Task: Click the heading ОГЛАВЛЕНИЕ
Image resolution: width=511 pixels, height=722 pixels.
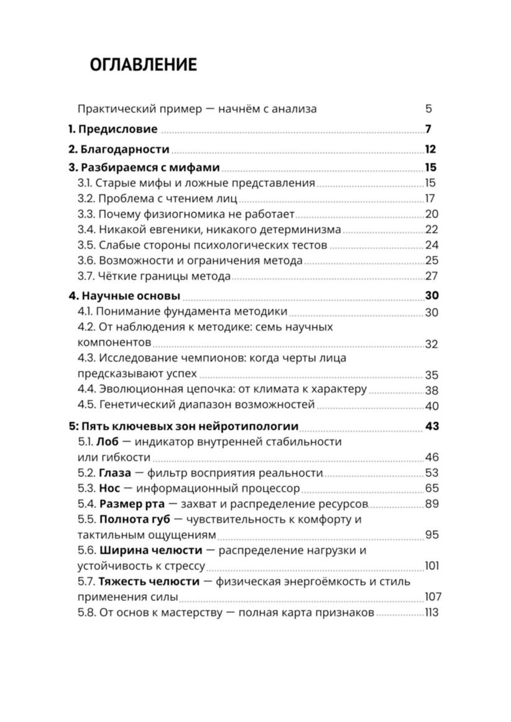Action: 143,65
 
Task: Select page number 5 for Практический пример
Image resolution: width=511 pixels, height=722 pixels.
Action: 428,109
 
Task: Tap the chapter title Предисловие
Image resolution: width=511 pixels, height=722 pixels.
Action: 117,130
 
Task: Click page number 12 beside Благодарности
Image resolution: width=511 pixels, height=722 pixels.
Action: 430,149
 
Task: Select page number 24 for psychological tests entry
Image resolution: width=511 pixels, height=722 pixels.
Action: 431,245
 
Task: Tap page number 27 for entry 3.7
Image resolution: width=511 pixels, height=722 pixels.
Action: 431,276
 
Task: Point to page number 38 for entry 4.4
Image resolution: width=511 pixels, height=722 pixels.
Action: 431,390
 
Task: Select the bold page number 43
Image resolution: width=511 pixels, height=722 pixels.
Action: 431,426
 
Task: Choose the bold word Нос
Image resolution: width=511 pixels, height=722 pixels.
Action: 109,488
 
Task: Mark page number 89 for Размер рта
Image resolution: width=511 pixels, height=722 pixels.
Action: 431,504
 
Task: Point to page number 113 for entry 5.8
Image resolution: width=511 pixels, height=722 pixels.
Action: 431,613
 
